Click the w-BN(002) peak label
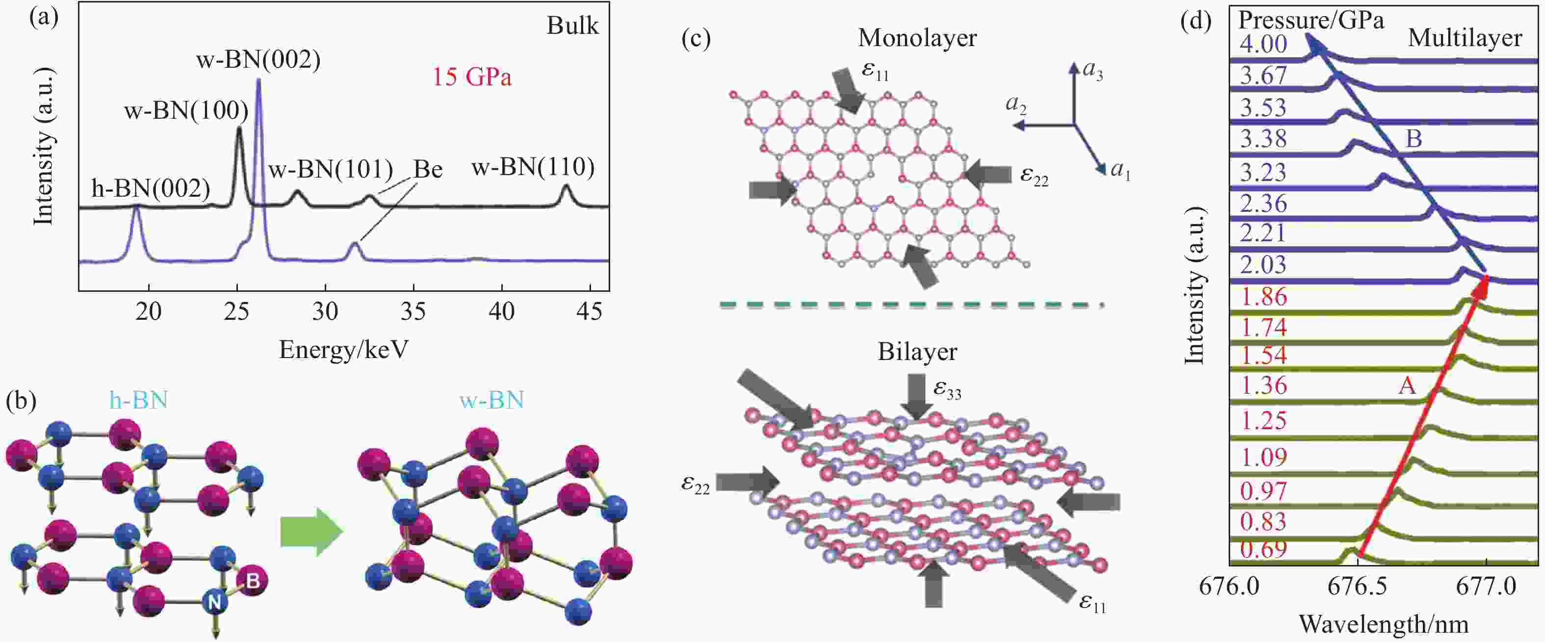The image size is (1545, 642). click(258, 60)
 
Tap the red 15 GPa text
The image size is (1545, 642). click(472, 77)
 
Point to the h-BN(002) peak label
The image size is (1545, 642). click(151, 189)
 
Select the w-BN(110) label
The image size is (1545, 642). click(533, 167)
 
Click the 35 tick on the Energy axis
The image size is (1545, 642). click(413, 311)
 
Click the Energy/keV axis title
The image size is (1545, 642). click(344, 349)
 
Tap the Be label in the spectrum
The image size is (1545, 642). click(428, 170)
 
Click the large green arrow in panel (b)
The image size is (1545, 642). click(311, 532)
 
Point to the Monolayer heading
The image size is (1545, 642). click(917, 38)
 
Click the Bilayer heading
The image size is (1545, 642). click(917, 352)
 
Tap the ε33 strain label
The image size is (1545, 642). click(947, 390)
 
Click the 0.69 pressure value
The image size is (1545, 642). click(1263, 549)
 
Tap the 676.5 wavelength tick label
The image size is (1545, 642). click(1357, 586)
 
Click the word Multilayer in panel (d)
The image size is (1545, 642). click(1465, 38)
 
